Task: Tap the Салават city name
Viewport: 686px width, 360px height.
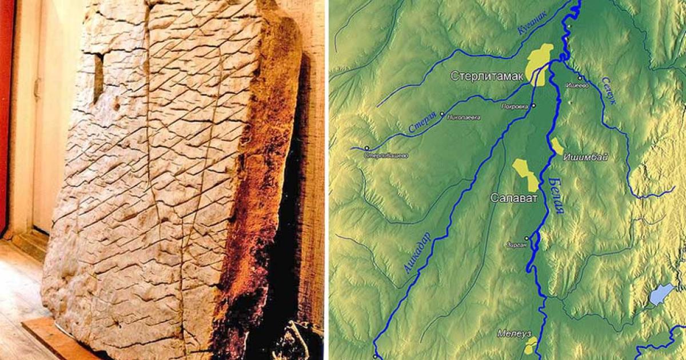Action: pyautogui.click(x=514, y=198)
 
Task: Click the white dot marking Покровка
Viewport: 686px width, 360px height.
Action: pyautogui.click(x=533, y=106)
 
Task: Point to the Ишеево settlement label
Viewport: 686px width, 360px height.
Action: pyautogui.click(x=576, y=86)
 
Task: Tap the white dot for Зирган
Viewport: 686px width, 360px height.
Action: pyautogui.click(x=526, y=238)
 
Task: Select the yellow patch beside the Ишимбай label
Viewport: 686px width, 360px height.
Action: pyautogui.click(x=557, y=146)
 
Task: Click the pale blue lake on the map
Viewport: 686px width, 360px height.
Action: pyautogui.click(x=661, y=294)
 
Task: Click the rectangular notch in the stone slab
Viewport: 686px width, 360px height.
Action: pyautogui.click(x=98, y=77)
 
